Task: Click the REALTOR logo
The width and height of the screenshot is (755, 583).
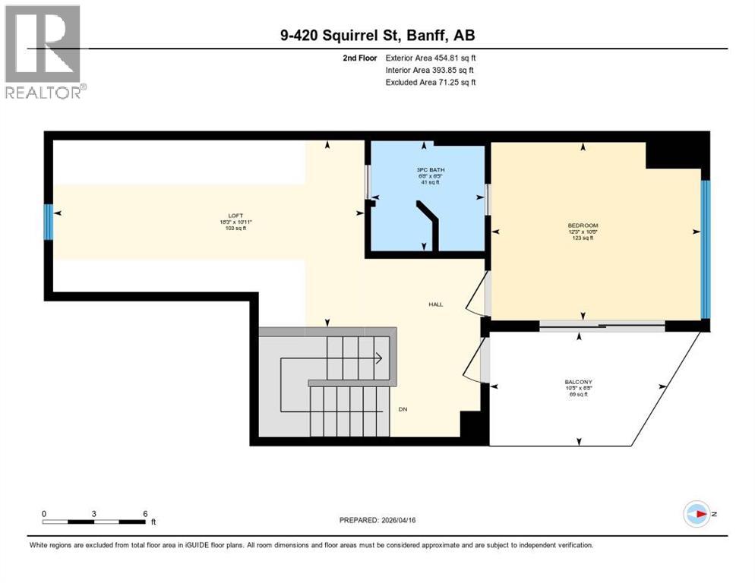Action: coord(43,51)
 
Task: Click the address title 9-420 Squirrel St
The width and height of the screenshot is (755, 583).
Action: coord(377,35)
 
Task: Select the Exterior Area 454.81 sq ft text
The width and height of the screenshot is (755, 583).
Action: coord(431,58)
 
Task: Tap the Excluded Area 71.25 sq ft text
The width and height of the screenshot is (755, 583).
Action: coord(430,82)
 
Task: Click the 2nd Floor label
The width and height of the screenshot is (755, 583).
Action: coord(359,58)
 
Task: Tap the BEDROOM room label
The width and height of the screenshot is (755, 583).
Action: coord(583,225)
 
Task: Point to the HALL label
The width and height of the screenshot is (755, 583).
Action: coord(434,304)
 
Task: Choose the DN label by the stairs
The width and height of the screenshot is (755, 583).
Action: coord(403,409)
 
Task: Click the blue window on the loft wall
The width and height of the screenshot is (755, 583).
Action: coord(49,222)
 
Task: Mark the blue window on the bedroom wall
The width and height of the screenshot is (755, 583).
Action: coord(705,249)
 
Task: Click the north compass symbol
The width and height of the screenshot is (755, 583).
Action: coord(696,514)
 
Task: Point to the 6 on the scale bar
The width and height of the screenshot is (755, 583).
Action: coord(144,513)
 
